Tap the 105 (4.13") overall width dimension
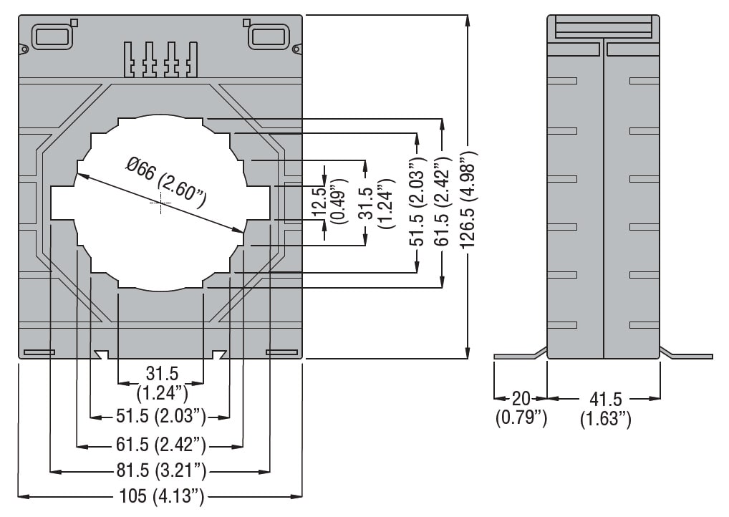[161, 496]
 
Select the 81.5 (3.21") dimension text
[161, 470]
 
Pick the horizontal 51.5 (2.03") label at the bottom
[161, 415]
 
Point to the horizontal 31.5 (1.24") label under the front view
[161, 382]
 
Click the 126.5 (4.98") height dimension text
[468, 200]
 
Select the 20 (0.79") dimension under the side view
[521, 408]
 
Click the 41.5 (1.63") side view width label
[606, 408]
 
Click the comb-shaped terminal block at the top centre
[160, 59]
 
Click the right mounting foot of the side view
[686, 354]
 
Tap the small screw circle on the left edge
[24, 49]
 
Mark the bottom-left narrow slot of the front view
[39, 352]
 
